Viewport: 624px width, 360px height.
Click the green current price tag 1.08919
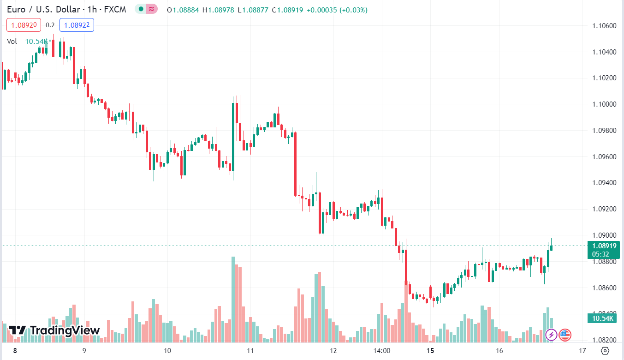tap(603, 246)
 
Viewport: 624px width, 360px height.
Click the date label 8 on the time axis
tap(15, 351)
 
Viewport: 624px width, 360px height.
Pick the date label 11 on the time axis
tap(250, 351)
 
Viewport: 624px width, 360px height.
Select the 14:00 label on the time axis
tap(382, 351)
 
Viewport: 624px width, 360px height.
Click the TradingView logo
tap(54, 330)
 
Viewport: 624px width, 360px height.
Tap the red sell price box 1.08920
tap(24, 25)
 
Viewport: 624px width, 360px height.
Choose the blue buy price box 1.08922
tap(77, 25)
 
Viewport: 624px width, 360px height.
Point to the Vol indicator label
tap(12, 42)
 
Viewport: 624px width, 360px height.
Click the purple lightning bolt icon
tap(551, 335)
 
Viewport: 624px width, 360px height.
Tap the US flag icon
tap(565, 335)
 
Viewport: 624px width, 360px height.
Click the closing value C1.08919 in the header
tap(288, 10)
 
